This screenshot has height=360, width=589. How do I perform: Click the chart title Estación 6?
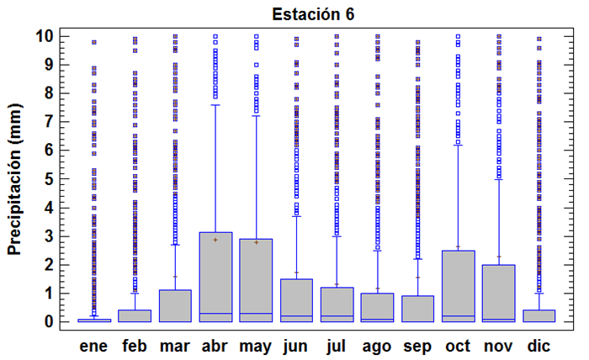(x=313, y=13)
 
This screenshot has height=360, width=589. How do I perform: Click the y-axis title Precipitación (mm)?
(x=14, y=179)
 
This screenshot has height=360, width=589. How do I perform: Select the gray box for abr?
(x=215, y=277)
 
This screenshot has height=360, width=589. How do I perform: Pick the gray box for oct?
(x=458, y=286)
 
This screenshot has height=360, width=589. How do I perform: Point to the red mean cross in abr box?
(x=215, y=240)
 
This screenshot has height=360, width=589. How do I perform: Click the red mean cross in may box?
(x=256, y=242)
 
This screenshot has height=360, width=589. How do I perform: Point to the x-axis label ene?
(x=94, y=345)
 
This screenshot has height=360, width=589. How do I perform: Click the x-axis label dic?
(x=539, y=345)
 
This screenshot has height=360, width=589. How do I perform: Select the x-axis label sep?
(x=417, y=345)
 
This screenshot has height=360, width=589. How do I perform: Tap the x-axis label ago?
(x=377, y=345)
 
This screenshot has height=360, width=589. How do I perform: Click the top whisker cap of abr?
(x=215, y=105)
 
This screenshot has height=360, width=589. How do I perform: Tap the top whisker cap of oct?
(x=458, y=145)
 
